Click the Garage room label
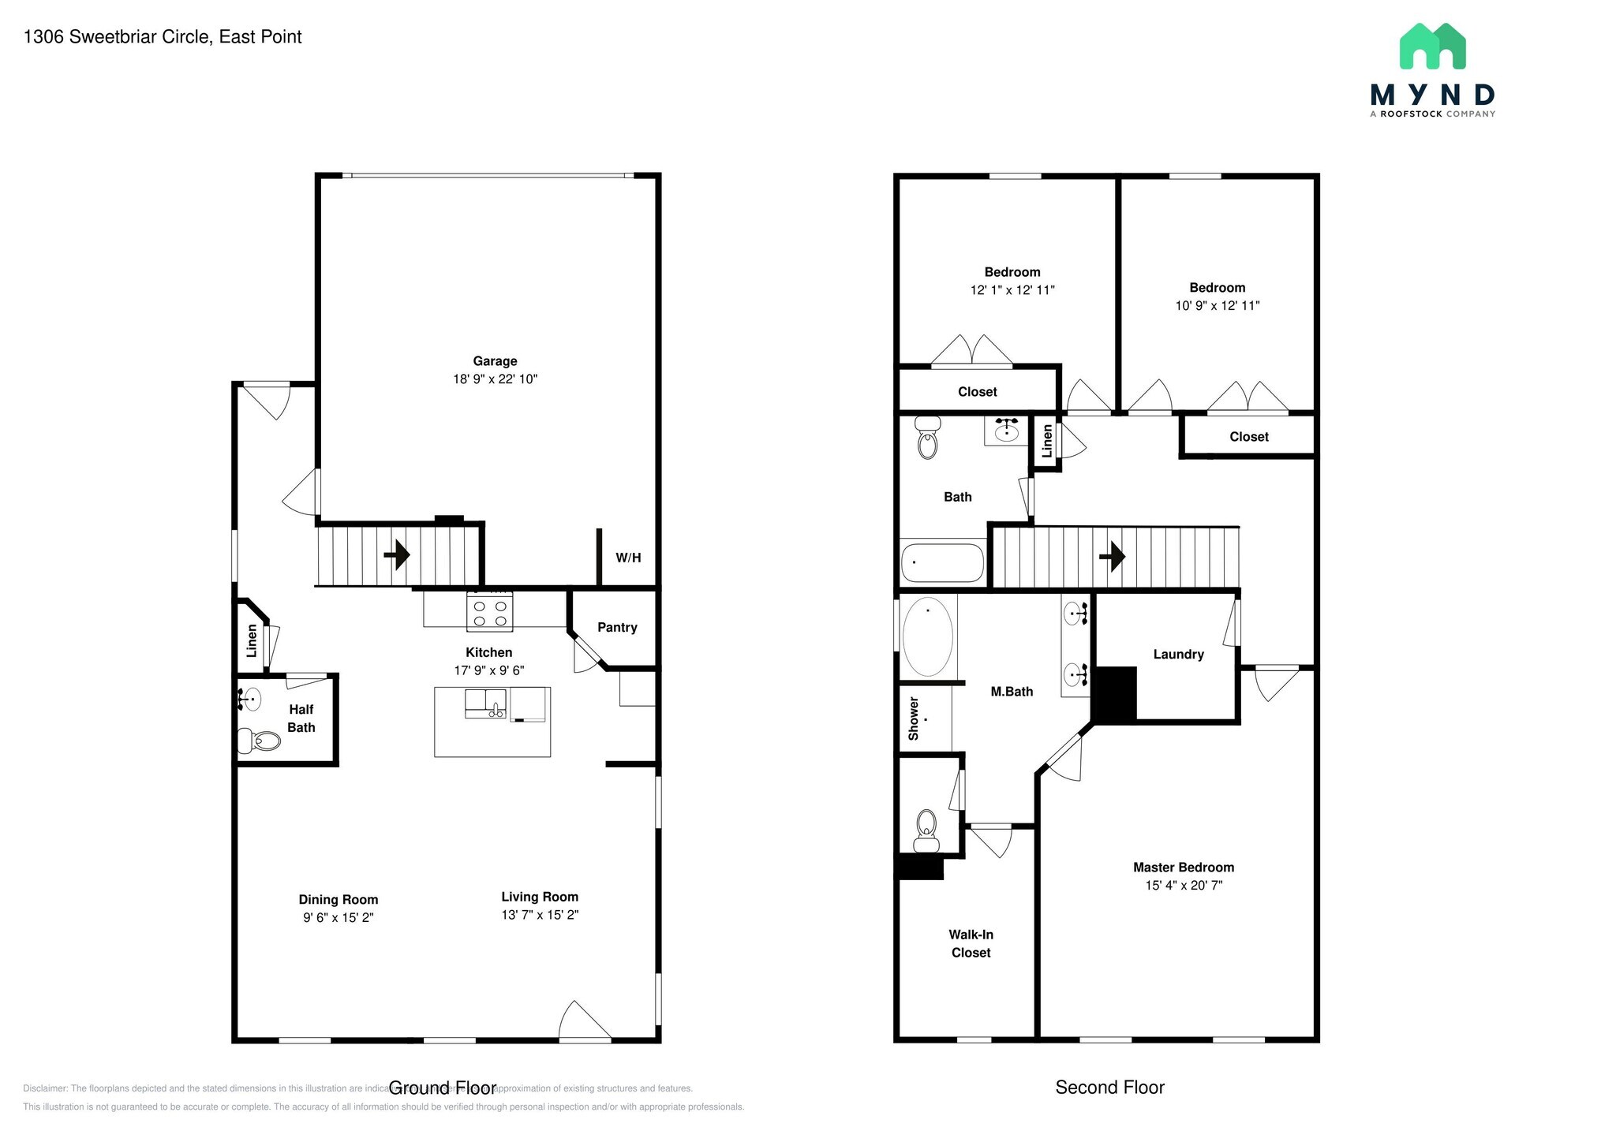pyautogui.click(x=495, y=361)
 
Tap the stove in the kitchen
pyautogui.click(x=489, y=613)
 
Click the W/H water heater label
pyautogui.click(x=628, y=558)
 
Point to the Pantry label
pyautogui.click(x=617, y=627)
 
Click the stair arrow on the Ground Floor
pyautogui.click(x=397, y=555)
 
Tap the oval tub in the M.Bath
pyautogui.click(x=927, y=637)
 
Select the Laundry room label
pyautogui.click(x=1178, y=654)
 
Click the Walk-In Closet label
pyautogui.click(x=971, y=943)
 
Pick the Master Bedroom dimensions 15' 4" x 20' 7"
pyautogui.click(x=1184, y=885)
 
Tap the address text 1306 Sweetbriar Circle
pyautogui.click(x=163, y=37)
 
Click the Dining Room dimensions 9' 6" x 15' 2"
pyautogui.click(x=338, y=917)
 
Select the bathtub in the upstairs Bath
pyautogui.click(x=942, y=562)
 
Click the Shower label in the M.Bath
pyautogui.click(x=914, y=718)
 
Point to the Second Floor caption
pyautogui.click(x=1109, y=1088)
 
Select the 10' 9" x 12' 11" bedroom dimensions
pyautogui.click(x=1217, y=305)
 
